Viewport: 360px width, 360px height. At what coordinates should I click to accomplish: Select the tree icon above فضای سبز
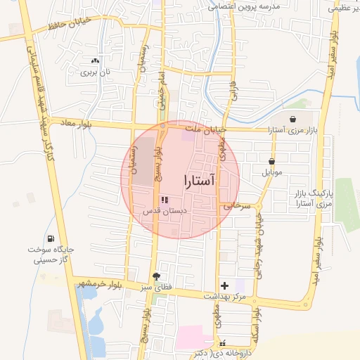[155, 276]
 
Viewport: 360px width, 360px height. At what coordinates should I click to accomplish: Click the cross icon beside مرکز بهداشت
[224, 285]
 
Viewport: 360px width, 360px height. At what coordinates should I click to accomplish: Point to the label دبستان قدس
[163, 210]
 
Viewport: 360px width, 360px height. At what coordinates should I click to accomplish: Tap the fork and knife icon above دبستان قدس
[164, 200]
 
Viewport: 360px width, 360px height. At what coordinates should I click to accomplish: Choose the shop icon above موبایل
[271, 161]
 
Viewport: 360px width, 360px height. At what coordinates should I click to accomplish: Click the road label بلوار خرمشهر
[96, 283]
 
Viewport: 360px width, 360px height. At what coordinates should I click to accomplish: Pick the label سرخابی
[237, 206]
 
